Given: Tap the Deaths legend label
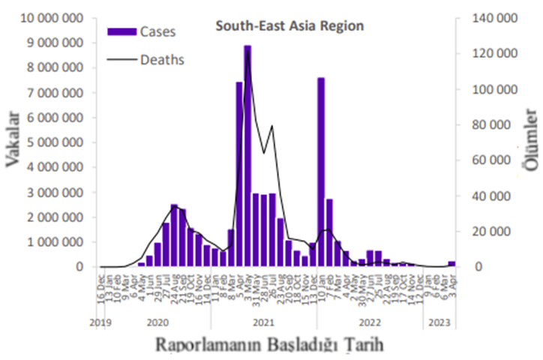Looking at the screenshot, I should tap(162, 58).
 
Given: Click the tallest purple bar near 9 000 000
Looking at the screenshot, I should tap(247, 150).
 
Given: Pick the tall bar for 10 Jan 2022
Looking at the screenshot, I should tap(321, 172).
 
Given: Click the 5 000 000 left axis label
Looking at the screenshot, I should tap(54, 142).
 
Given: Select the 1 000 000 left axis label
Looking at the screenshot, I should tap(54, 242).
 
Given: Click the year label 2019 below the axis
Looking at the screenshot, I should tap(100, 322).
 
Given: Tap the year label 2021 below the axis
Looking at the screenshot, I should tap(262, 322).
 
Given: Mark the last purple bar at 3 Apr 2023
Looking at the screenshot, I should tap(451, 264).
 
